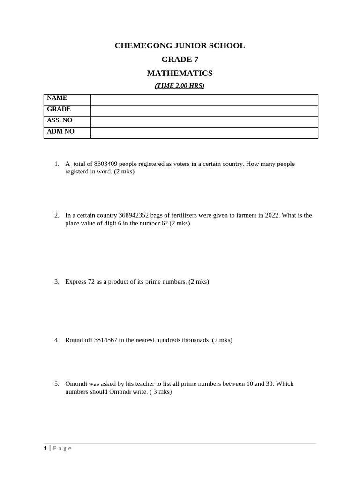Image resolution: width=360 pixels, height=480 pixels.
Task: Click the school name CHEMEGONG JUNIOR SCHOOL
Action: coord(180,45)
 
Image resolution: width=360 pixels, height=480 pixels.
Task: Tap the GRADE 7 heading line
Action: coord(180,60)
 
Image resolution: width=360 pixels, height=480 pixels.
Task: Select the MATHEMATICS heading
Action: coord(180,73)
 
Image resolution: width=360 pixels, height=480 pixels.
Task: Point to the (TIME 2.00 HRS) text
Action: coord(180,86)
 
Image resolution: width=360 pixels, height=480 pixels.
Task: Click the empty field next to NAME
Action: coord(204,99)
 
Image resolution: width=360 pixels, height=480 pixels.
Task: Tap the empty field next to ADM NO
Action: coord(204,133)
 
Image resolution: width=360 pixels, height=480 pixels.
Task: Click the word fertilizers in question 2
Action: coord(181,215)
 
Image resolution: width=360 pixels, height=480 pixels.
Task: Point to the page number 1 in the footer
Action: coord(45,448)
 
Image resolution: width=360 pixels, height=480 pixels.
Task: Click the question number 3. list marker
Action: coord(57,282)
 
